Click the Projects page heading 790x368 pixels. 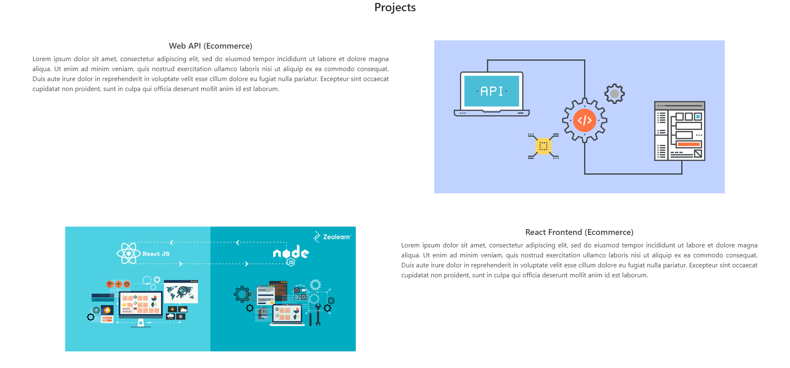395,7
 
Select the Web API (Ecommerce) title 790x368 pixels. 210,46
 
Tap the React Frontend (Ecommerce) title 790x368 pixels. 579,232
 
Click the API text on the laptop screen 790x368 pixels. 492,91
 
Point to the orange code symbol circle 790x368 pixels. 585,120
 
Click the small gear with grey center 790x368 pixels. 614,94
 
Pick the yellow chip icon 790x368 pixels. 543,146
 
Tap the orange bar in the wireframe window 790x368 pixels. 689,144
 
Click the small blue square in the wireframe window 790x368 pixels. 698,116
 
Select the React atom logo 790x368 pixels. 128,253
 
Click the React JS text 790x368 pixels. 156,254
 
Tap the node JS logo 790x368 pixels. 291,254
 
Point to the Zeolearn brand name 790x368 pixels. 337,237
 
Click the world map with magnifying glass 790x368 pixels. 181,291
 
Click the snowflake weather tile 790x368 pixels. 181,316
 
